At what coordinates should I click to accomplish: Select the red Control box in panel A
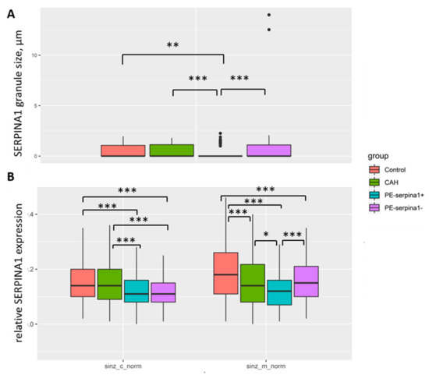(x=122, y=150)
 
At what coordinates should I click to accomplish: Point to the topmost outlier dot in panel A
(x=269, y=15)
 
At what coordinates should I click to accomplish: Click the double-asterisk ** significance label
(x=173, y=45)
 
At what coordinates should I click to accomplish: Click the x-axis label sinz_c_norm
(x=122, y=364)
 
